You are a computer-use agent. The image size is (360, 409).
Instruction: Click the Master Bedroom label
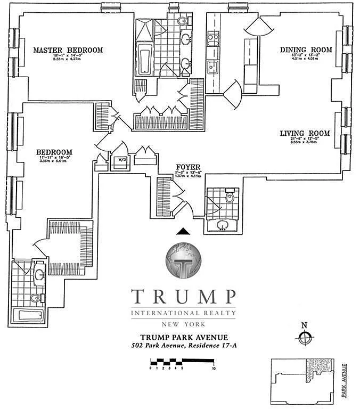pyautogui.click(x=68, y=50)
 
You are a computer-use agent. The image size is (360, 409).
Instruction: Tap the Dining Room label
pyautogui.click(x=306, y=50)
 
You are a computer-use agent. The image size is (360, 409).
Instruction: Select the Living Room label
pyautogui.click(x=305, y=134)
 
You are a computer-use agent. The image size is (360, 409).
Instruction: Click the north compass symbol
pyautogui.click(x=304, y=337)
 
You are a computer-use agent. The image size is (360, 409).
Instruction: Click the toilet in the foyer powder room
pyautogui.click(x=230, y=198)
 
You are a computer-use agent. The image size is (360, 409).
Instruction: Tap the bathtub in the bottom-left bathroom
pyautogui.click(x=33, y=315)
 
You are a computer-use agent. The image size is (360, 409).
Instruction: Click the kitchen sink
pyautogui.click(x=213, y=68)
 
